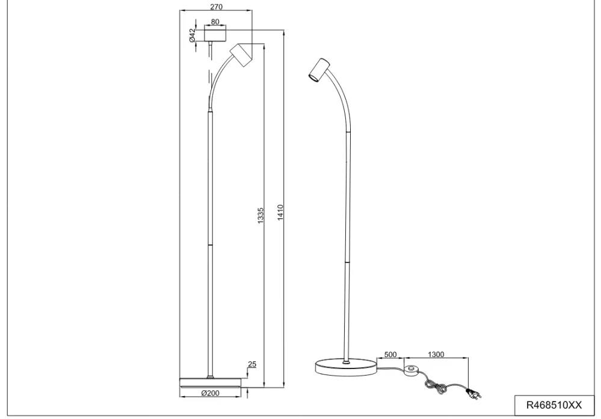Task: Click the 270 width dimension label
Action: [x=217, y=7]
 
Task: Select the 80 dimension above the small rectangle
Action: [x=215, y=22]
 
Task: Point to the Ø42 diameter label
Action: [x=193, y=35]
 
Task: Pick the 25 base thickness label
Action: [x=251, y=364]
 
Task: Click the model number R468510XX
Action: [x=553, y=405]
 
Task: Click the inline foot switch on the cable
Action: [x=411, y=370]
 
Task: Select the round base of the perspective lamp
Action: [x=345, y=367]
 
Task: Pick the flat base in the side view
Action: [x=210, y=381]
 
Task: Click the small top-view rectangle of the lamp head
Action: [x=215, y=34]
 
